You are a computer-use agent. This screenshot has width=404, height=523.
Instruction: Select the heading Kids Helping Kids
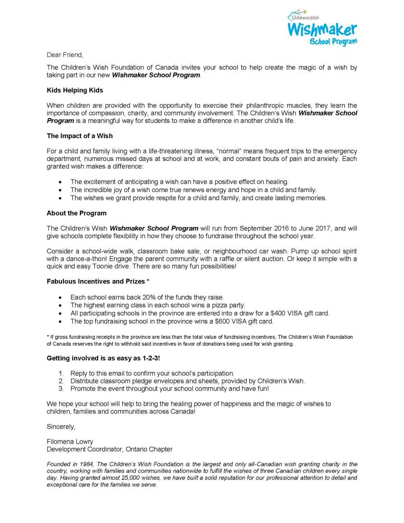pos(75,90)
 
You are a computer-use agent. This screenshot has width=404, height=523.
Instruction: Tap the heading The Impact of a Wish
pos(79,136)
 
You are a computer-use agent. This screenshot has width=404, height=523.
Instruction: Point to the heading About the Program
pos(76,213)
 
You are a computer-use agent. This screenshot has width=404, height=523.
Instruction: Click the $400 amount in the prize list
pos(274,313)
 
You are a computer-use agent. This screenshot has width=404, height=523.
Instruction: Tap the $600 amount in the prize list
pos(245,321)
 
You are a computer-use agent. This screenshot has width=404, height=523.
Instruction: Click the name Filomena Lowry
pos(70,441)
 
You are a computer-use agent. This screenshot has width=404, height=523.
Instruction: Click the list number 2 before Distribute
pos(61,381)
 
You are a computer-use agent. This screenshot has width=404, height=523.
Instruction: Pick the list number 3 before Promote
pos(61,388)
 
